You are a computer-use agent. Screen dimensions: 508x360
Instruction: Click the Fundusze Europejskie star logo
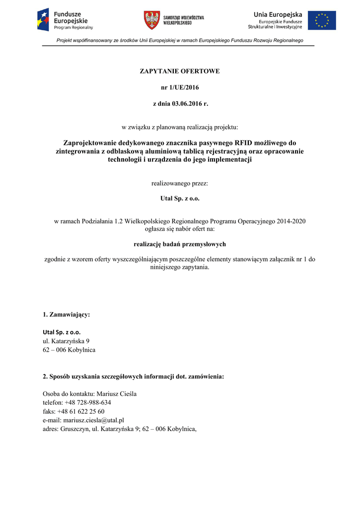pyautogui.click(x=43, y=20)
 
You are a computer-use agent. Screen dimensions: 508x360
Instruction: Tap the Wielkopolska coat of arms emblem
pyautogui.click(x=152, y=20)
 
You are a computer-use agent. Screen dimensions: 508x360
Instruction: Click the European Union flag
pyautogui.click(x=322, y=20)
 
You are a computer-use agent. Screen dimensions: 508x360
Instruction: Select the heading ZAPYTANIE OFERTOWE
pyautogui.click(x=180, y=71)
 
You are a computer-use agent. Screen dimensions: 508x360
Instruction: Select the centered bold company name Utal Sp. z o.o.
pyautogui.click(x=180, y=199)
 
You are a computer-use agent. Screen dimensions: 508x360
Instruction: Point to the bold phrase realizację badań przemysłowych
pyautogui.click(x=180, y=244)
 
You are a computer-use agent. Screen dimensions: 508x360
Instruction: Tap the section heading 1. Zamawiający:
pyautogui.click(x=67, y=315)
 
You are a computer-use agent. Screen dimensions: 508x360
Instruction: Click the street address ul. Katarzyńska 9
pyautogui.click(x=66, y=341)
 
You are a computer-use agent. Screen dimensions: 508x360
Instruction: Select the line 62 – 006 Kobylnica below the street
pyautogui.click(x=69, y=350)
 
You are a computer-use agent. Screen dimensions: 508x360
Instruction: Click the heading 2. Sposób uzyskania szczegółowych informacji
pyautogui.click(x=133, y=377)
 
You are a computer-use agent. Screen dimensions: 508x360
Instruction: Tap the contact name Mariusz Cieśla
pyautogui.click(x=116, y=394)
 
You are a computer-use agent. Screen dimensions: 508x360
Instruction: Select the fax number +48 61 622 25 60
pyautogui.click(x=81, y=412)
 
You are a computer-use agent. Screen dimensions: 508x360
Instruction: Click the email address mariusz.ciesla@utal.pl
pyautogui.click(x=93, y=420)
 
